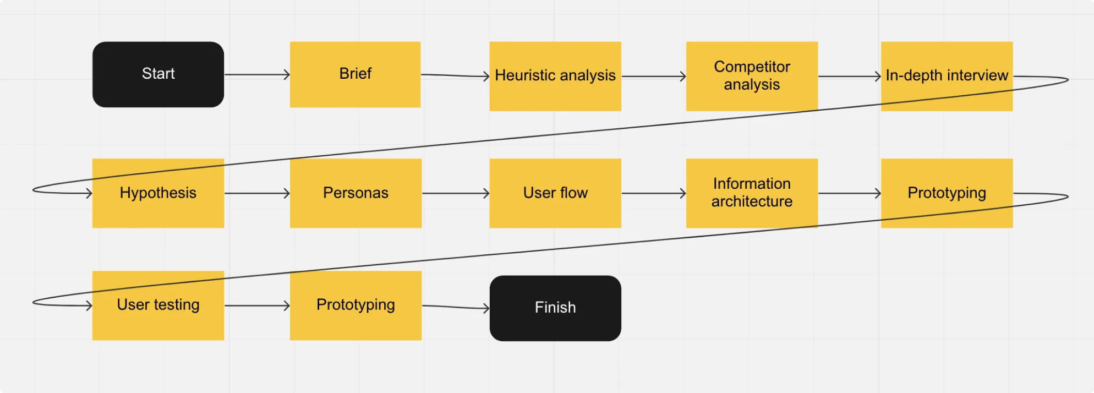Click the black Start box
158,74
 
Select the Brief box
355,74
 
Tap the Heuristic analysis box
555,77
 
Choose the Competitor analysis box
752,77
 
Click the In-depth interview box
947,77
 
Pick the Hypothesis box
158,193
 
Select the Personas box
355,193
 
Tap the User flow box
555,193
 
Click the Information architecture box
752,193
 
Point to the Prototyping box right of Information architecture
947,193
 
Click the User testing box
158,305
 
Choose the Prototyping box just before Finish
355,305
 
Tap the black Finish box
555,308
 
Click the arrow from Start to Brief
257,74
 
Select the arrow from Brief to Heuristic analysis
455,75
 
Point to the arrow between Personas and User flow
456,193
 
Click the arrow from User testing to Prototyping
257,305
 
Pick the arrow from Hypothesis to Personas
257,193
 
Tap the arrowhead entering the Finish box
486,308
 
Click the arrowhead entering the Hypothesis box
89,193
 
